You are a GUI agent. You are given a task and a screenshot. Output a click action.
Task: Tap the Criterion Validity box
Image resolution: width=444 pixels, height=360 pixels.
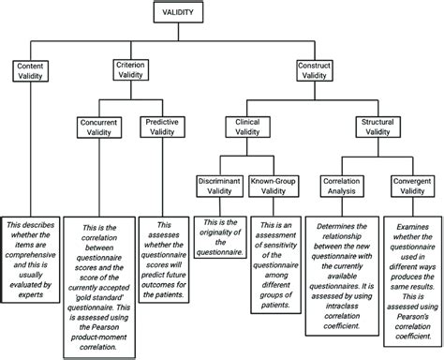pos(130,72)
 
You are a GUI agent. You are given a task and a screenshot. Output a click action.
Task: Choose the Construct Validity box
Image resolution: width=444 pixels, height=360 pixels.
pos(314,72)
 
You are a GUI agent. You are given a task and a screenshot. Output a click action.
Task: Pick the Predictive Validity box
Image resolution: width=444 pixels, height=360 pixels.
pos(159,127)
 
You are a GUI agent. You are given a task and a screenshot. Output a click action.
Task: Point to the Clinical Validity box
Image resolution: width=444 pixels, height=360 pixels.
pos(247,127)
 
